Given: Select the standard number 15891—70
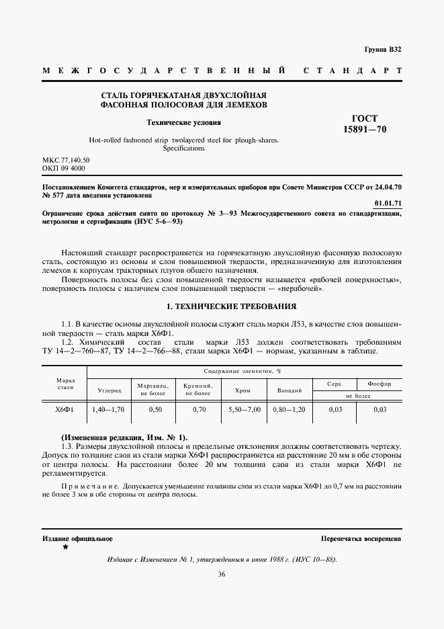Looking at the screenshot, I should coord(365,129).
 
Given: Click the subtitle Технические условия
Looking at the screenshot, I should coord(184,123).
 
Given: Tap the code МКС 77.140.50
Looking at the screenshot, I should coord(66,161).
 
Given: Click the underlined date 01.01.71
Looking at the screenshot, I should coord(388,203).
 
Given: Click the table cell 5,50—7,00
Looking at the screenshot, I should coord(244,409).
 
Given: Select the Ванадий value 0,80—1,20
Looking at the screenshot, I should coord(290,409).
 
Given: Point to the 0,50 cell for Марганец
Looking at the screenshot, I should coord(155,409).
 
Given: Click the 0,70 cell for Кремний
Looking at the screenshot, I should coord(199,409).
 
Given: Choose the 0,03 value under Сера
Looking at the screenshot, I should coord(335,409).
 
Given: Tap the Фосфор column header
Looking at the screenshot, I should coord(380,383).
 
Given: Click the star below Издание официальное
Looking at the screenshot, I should coord(65,548).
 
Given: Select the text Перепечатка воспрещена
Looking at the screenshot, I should coord(361,539).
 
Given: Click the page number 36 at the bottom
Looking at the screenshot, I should coord(222,574).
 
